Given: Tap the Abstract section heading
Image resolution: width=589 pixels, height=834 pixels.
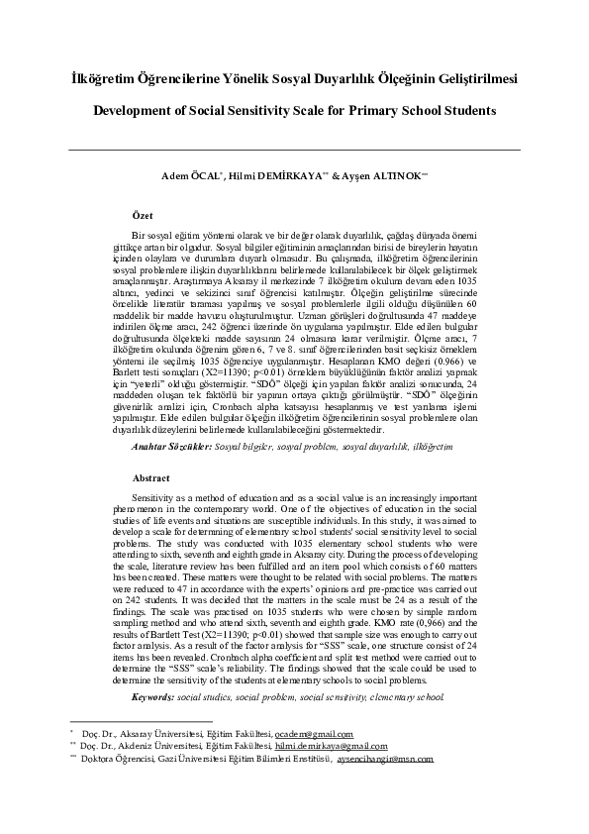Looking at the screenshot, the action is coord(151,476).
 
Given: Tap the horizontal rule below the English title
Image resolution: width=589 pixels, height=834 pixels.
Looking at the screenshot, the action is coord(294,150).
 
